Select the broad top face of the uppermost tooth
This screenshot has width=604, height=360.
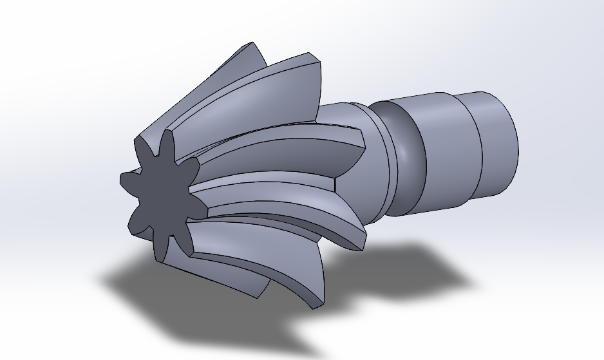[283, 90]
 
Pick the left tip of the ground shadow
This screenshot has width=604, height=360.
[103, 281]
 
